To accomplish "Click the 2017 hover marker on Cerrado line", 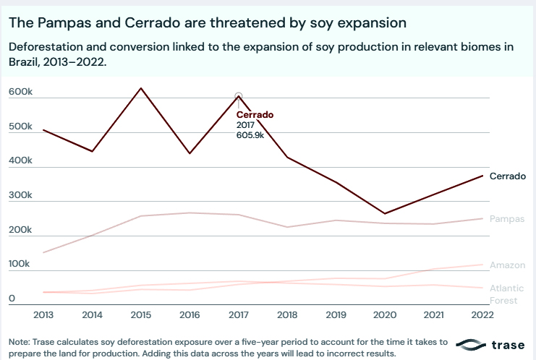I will coord(239,96).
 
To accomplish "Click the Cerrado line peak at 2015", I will coord(141,88).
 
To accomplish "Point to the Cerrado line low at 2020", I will coord(385,213).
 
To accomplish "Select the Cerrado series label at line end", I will coord(507,176).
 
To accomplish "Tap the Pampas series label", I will coord(507,218).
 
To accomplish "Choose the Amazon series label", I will coord(507,265).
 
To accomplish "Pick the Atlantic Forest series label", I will coord(503,294).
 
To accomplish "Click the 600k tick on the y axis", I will coord(20,93).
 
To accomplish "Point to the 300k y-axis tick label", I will coord(20,195).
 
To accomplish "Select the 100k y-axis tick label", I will coord(20,264).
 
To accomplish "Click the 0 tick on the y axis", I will coord(12,298).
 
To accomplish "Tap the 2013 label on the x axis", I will coord(43,314).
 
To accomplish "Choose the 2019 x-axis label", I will coord(336,314).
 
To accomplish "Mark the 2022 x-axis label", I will coord(482,314).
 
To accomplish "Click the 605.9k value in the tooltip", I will coord(250,135).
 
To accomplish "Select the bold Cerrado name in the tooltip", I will coord(255,115).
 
